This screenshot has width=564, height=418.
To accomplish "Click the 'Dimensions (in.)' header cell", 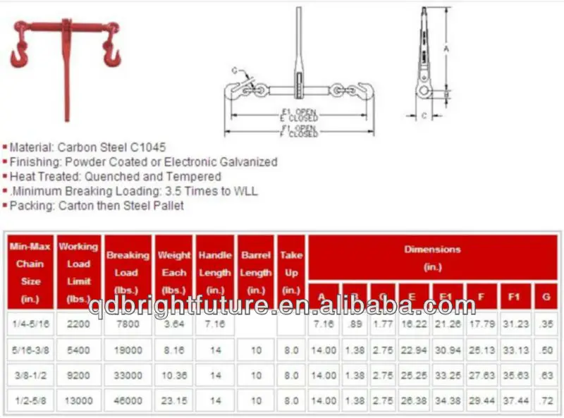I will tap(432, 258).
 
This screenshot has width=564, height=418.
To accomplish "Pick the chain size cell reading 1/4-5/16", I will tap(30, 323).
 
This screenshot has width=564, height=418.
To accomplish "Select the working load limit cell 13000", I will tap(78, 400).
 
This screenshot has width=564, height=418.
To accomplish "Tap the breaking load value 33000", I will tap(127, 374).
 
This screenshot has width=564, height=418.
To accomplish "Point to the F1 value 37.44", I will tap(514, 400).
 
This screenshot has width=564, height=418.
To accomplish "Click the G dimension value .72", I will tap(546, 400).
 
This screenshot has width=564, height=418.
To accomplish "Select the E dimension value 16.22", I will tap(412, 323).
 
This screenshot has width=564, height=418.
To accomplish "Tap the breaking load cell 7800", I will tap(127, 323).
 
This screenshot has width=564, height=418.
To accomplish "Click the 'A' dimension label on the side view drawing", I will tap(446, 49).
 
